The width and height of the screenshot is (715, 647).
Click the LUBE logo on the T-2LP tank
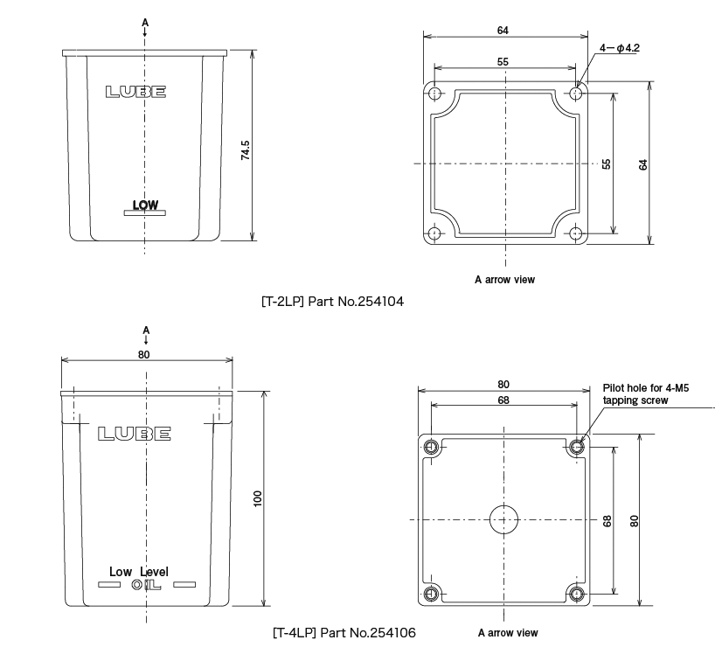[x=135, y=92]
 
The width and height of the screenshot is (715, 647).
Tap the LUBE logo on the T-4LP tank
[x=135, y=434]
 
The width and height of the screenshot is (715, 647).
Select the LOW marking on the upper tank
[x=145, y=205]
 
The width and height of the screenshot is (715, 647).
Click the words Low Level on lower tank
[x=139, y=572]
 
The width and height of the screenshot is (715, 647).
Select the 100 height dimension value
[x=257, y=498]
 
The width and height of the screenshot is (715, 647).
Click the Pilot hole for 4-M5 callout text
[x=646, y=393]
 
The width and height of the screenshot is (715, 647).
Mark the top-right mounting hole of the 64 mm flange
[x=576, y=93]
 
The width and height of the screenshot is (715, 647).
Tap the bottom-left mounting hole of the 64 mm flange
[x=435, y=233]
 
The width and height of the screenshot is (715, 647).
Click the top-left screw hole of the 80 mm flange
[x=432, y=448]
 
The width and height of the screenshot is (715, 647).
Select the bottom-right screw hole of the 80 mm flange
[x=577, y=595]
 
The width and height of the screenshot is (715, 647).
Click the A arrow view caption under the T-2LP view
[x=504, y=280]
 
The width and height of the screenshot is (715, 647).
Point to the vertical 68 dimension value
[x=607, y=520]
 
